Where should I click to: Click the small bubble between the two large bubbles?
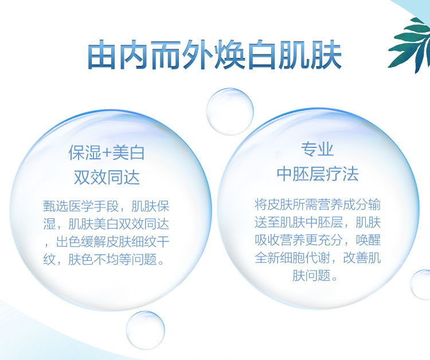230,112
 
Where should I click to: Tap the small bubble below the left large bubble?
146,330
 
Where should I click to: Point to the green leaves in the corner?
410,45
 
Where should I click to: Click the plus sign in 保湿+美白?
107,152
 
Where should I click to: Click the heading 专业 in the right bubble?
317,150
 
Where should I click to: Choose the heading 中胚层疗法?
318,174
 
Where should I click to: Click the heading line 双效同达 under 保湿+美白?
107,177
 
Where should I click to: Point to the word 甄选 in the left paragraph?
56,206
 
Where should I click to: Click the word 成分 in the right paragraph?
355,205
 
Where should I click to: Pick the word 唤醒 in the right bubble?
368,240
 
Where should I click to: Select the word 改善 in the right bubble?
355,258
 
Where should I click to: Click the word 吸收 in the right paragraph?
267,240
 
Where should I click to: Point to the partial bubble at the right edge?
421,284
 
